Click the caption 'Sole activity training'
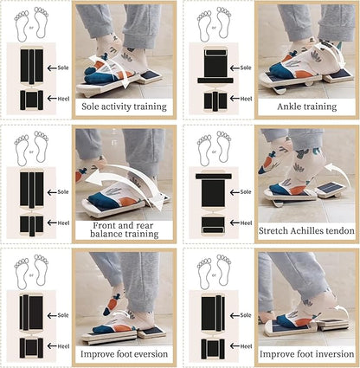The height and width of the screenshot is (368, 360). pyautogui.click(x=124, y=107)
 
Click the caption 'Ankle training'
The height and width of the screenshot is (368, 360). pyautogui.click(x=307, y=107)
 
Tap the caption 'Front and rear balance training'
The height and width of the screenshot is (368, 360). pyautogui.click(x=125, y=229)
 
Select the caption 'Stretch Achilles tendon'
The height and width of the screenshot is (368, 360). pyautogui.click(x=306, y=231)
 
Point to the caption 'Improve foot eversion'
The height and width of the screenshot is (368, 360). pyautogui.click(x=124, y=354)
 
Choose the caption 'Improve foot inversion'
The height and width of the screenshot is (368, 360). pyautogui.click(x=306, y=354)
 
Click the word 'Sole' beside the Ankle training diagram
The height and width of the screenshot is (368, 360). pyautogui.click(x=246, y=68)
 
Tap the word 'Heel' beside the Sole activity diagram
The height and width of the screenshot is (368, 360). pyautogui.click(x=63, y=99)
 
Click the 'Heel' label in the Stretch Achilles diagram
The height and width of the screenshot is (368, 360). pyautogui.click(x=246, y=223)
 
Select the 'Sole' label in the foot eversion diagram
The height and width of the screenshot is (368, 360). pyautogui.click(x=63, y=315)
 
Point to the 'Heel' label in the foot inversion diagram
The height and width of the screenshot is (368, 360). pyautogui.click(x=246, y=346)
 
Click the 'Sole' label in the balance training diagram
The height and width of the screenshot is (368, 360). pyautogui.click(x=63, y=192)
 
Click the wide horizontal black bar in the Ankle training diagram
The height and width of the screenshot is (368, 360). pyautogui.click(x=215, y=81)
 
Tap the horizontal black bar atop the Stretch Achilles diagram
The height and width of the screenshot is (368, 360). pyautogui.click(x=214, y=176)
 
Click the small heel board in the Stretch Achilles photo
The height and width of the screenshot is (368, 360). pyautogui.click(x=331, y=190)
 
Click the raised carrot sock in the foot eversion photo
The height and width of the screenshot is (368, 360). pyautogui.click(x=112, y=302)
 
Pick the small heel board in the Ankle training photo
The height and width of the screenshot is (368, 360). pyautogui.click(x=338, y=75)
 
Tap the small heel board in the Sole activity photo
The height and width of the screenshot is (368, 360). pyautogui.click(x=149, y=77)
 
